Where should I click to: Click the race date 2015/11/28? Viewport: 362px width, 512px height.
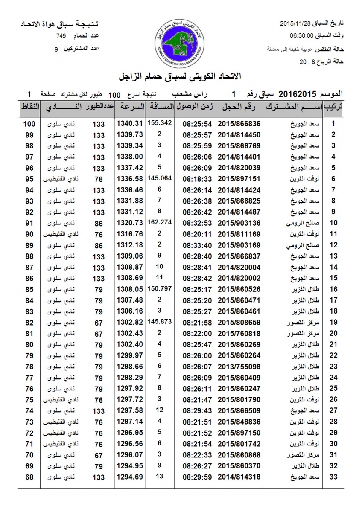click(295, 22)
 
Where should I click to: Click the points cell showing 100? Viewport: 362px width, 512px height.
click(29, 124)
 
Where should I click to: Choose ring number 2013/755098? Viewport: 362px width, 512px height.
click(239, 366)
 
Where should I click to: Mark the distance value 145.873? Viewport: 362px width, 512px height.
click(160, 320)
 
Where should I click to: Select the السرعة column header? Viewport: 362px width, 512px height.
click(130, 107)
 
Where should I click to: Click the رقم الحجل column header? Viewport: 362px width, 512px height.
click(239, 107)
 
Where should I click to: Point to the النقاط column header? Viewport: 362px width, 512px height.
click(29, 107)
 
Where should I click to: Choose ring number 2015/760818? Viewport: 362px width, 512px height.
click(239, 333)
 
